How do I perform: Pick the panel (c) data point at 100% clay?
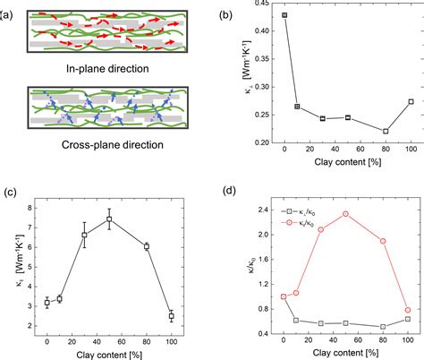171,316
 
